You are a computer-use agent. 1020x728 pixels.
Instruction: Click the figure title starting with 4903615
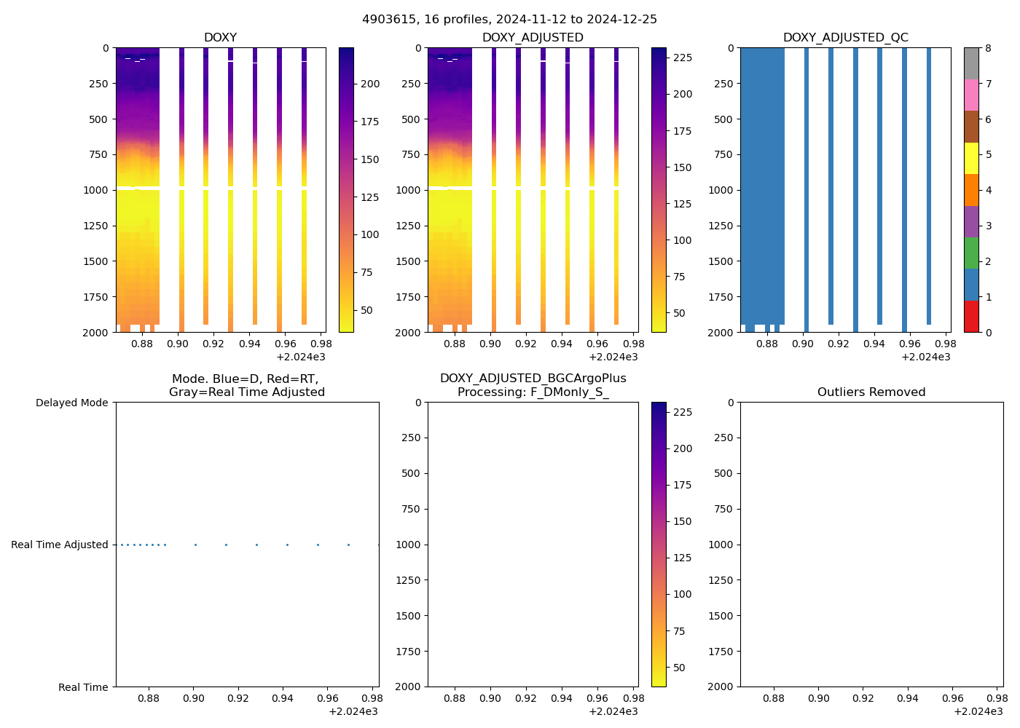509,19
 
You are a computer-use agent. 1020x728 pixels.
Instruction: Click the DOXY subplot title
220,38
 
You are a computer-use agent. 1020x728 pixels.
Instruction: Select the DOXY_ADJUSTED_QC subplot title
845,38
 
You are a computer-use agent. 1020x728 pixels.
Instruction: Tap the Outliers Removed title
871,392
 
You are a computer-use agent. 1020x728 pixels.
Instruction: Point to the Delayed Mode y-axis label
71,403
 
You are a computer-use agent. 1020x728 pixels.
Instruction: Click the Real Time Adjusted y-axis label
60,545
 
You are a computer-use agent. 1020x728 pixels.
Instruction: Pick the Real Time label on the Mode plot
83,687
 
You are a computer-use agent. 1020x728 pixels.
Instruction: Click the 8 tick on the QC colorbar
988,48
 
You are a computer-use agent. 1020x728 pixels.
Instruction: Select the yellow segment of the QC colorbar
971,158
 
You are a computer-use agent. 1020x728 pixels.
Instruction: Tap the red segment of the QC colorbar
971,317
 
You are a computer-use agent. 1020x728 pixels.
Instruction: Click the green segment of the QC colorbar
971,253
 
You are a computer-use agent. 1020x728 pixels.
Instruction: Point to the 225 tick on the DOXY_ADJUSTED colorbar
683,58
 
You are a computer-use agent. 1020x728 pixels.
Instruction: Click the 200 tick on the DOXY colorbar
370,84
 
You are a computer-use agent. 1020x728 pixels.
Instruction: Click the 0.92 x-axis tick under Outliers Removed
863,698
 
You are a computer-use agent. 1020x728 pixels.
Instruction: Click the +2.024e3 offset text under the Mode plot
353,711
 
